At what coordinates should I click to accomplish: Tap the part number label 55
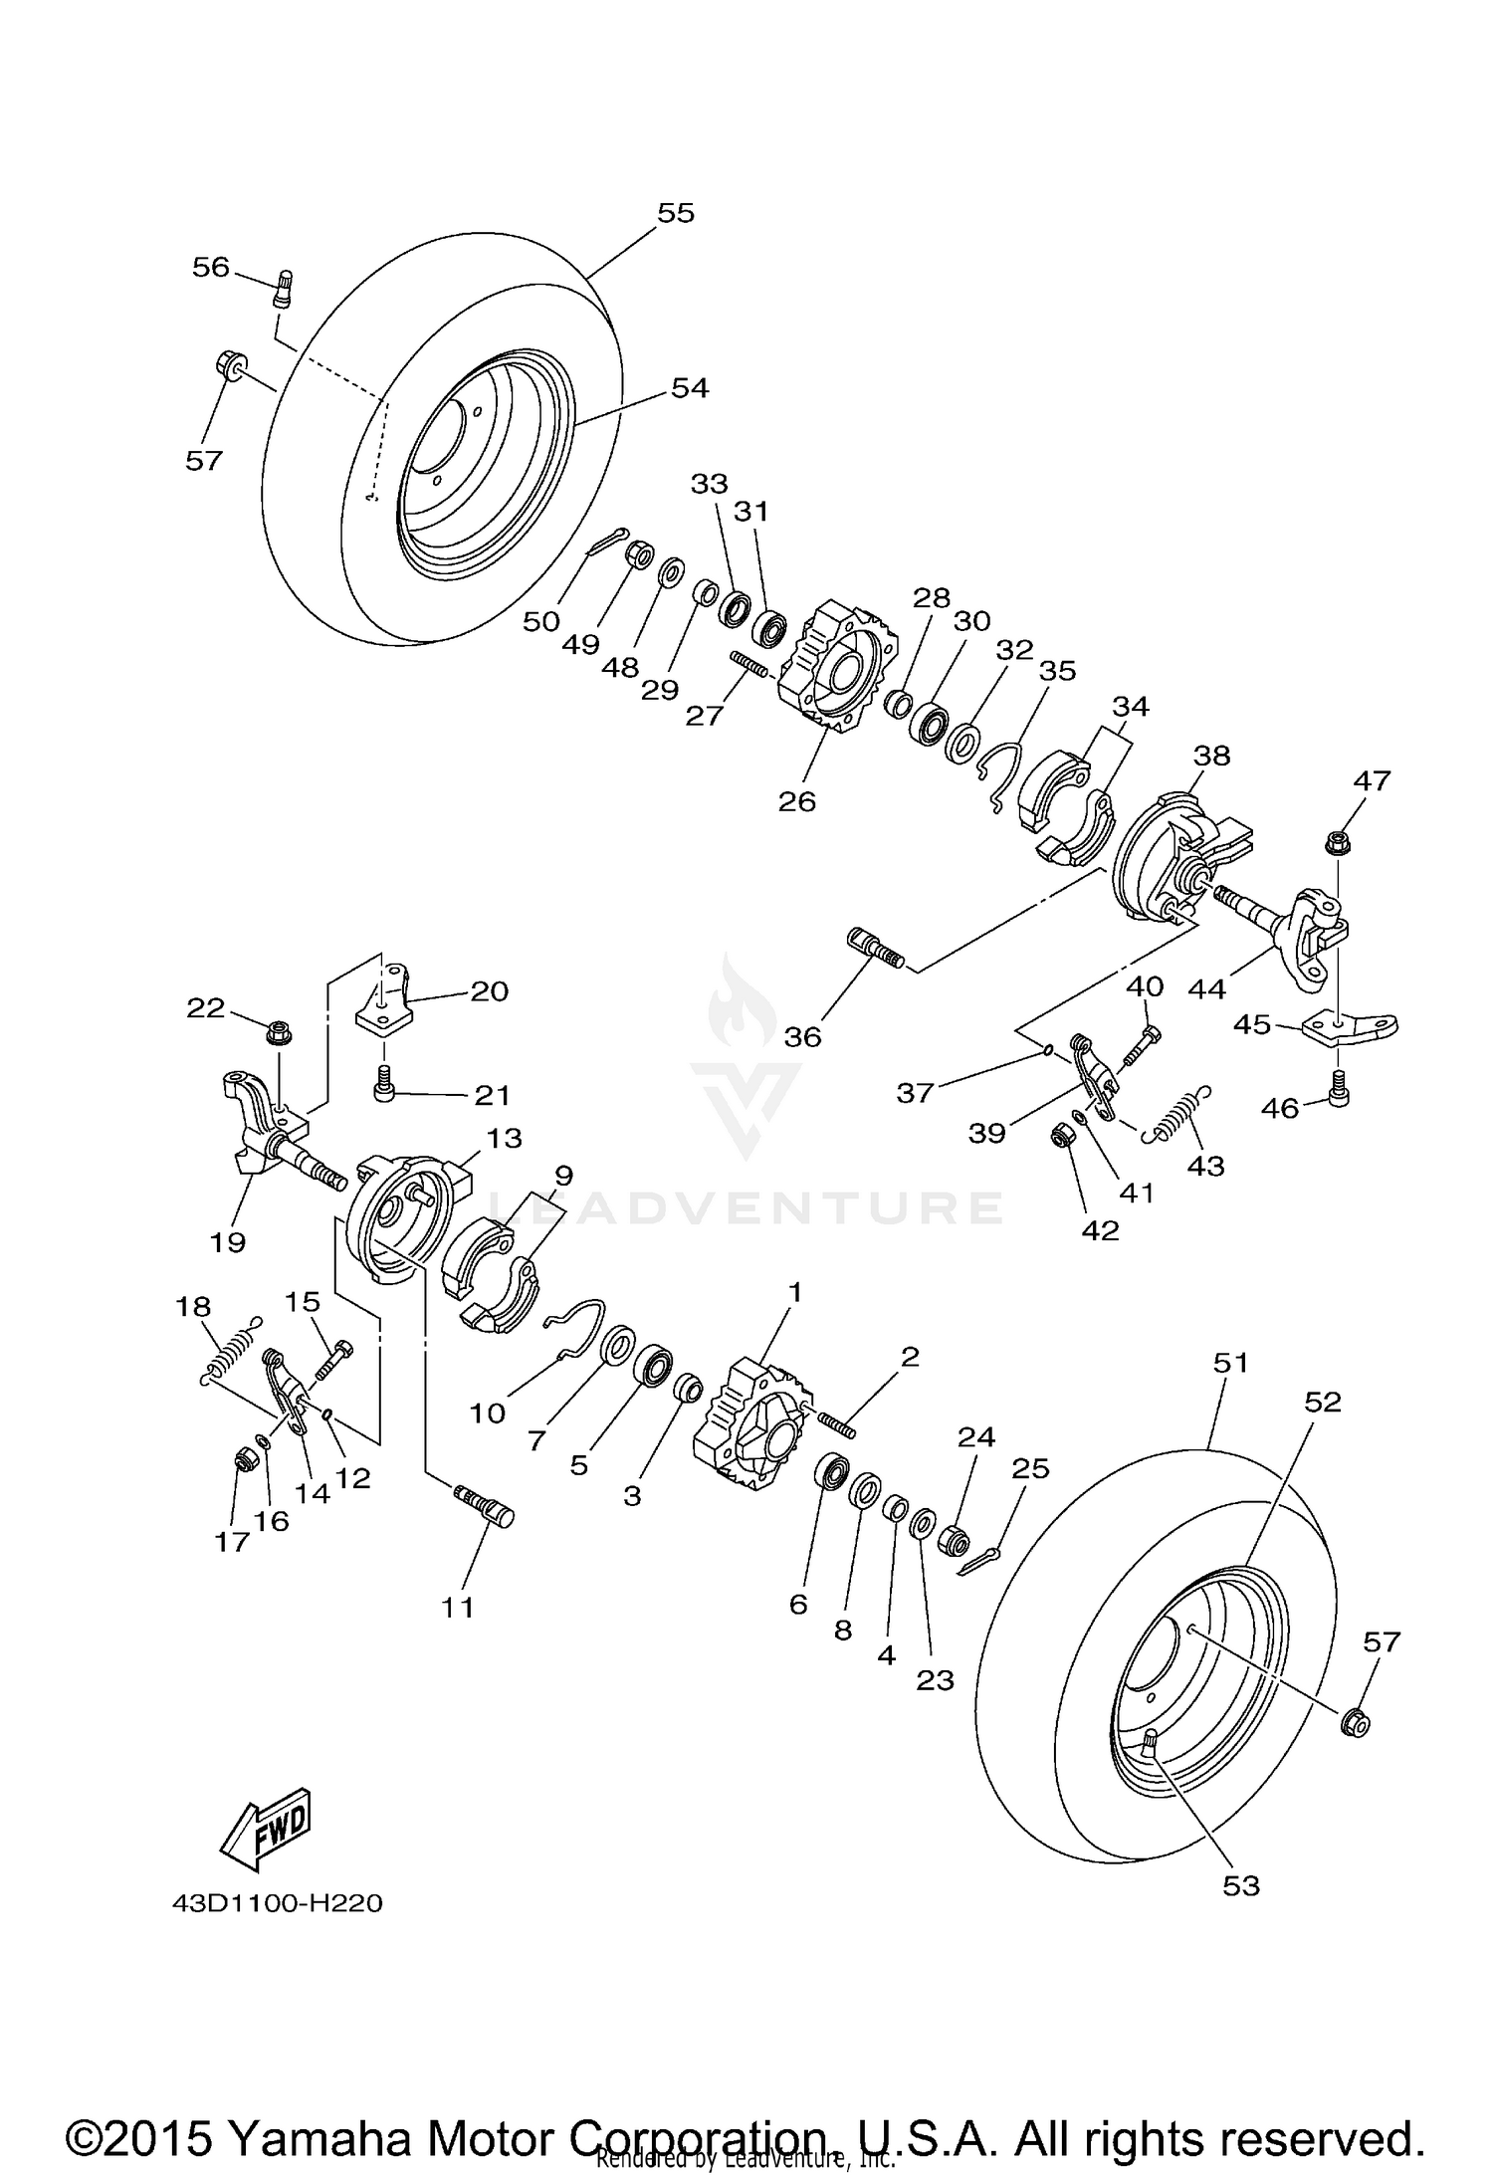(x=676, y=213)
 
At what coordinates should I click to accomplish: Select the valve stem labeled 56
(x=283, y=290)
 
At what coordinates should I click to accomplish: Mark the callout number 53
(x=1241, y=1886)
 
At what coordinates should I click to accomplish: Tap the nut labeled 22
(x=278, y=1035)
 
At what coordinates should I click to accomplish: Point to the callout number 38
(x=1212, y=756)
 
